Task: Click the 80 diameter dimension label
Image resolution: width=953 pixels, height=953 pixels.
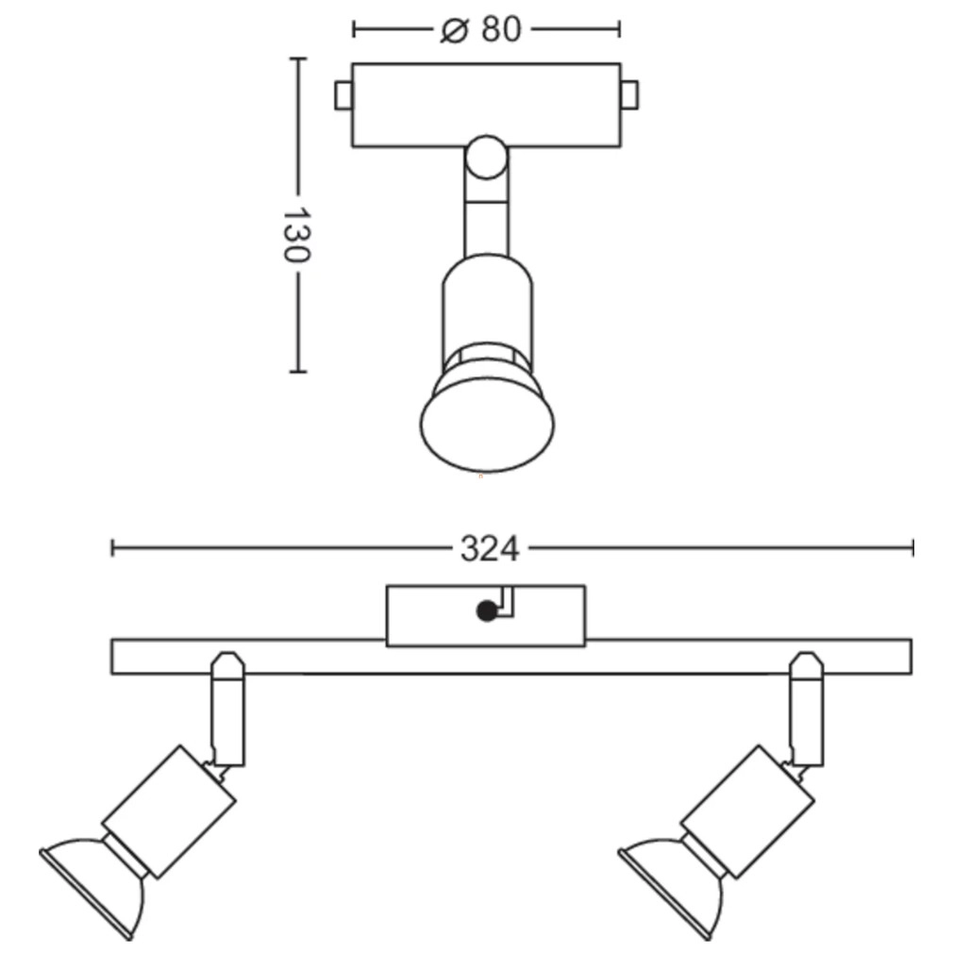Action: point(501,29)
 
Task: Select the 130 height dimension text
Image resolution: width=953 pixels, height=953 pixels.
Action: point(297,234)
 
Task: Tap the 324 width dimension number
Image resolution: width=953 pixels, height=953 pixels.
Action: point(490,549)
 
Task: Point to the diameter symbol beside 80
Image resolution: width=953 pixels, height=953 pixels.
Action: point(455,30)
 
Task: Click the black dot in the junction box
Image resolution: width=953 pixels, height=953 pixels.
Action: point(487,610)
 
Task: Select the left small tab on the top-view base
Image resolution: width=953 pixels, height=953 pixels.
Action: point(343,96)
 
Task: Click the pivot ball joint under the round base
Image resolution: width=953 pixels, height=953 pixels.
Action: point(486,158)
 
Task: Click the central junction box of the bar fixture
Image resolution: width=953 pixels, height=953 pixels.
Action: point(486,616)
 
